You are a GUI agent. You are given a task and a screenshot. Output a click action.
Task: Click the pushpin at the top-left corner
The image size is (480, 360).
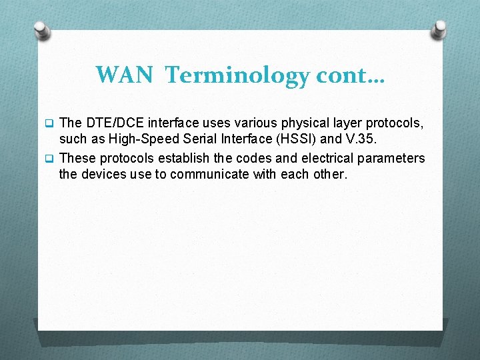click(41, 29)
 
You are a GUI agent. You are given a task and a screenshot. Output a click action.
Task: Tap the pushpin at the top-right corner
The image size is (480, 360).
click(439, 29)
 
